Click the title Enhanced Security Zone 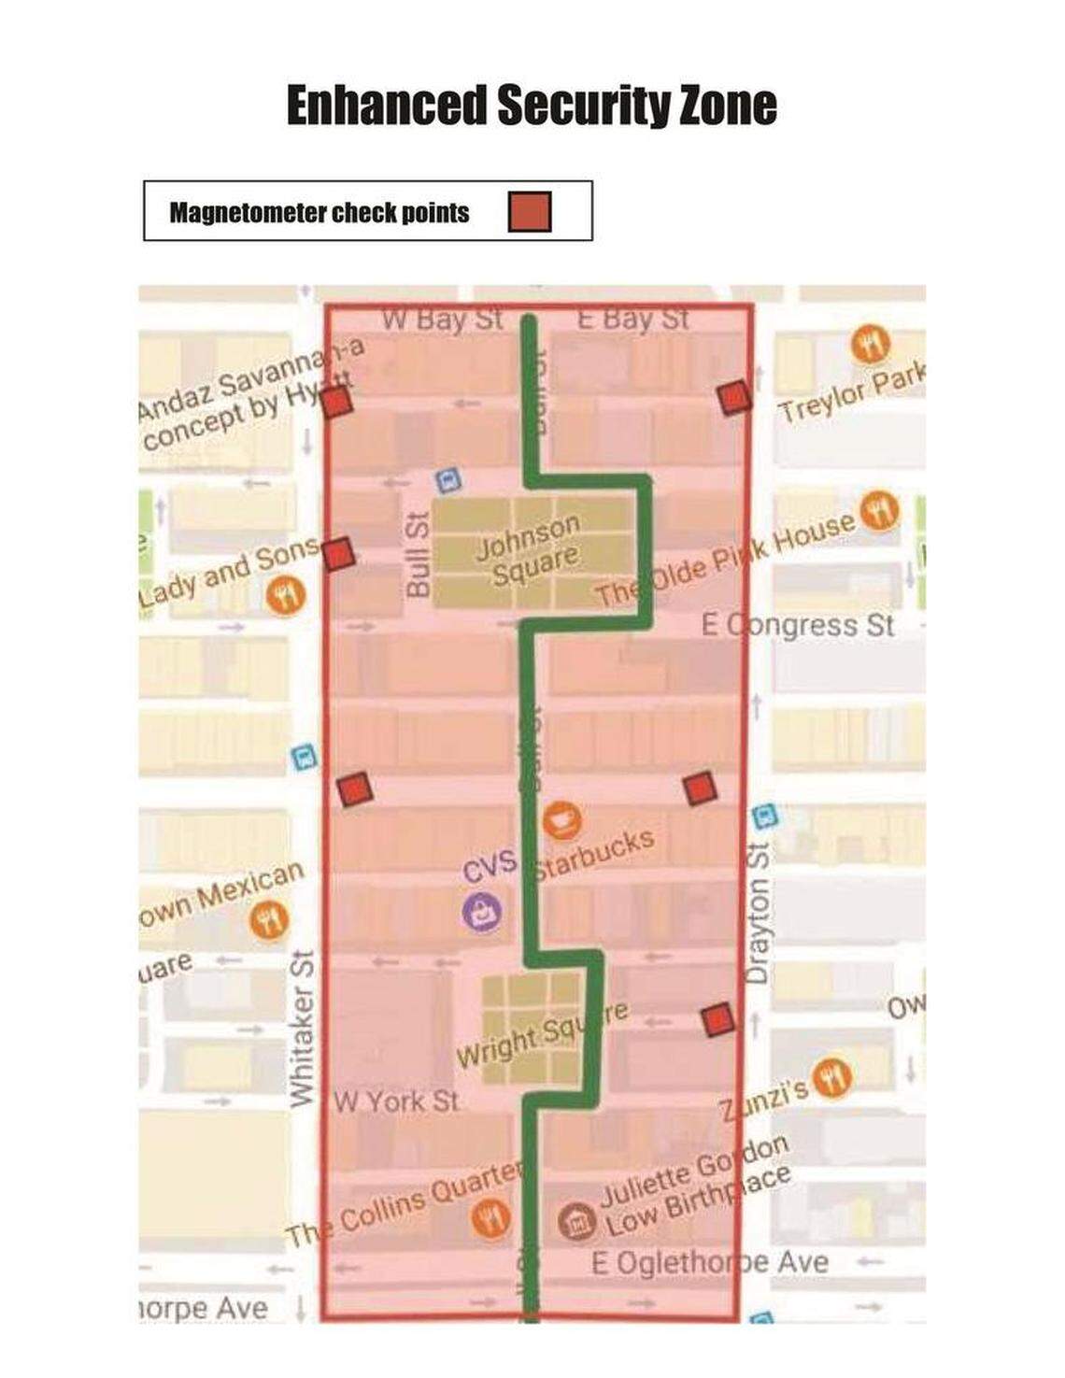(x=531, y=105)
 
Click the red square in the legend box (x=530, y=212)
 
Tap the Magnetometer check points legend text (x=319, y=213)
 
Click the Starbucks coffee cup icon (x=562, y=820)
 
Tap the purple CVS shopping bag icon (x=482, y=911)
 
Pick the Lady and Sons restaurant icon (x=286, y=594)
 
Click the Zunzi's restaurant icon (x=831, y=1077)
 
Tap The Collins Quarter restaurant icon (x=490, y=1218)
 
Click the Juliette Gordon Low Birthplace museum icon (x=576, y=1222)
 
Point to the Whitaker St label (x=302, y=1028)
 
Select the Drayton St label (x=758, y=914)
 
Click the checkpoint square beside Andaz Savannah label (x=336, y=403)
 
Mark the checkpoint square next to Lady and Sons (x=338, y=553)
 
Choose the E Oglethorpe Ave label (x=710, y=1263)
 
